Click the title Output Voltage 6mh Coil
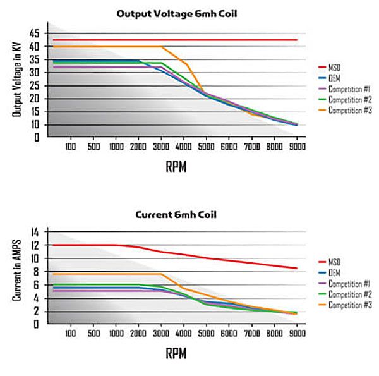[x=176, y=13]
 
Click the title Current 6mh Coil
[x=176, y=215]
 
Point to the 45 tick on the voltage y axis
[x=33, y=33]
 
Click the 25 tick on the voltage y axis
[x=33, y=85]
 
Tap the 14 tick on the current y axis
[x=34, y=231]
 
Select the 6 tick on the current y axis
[x=36, y=284]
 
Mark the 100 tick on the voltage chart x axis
[x=70, y=146]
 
